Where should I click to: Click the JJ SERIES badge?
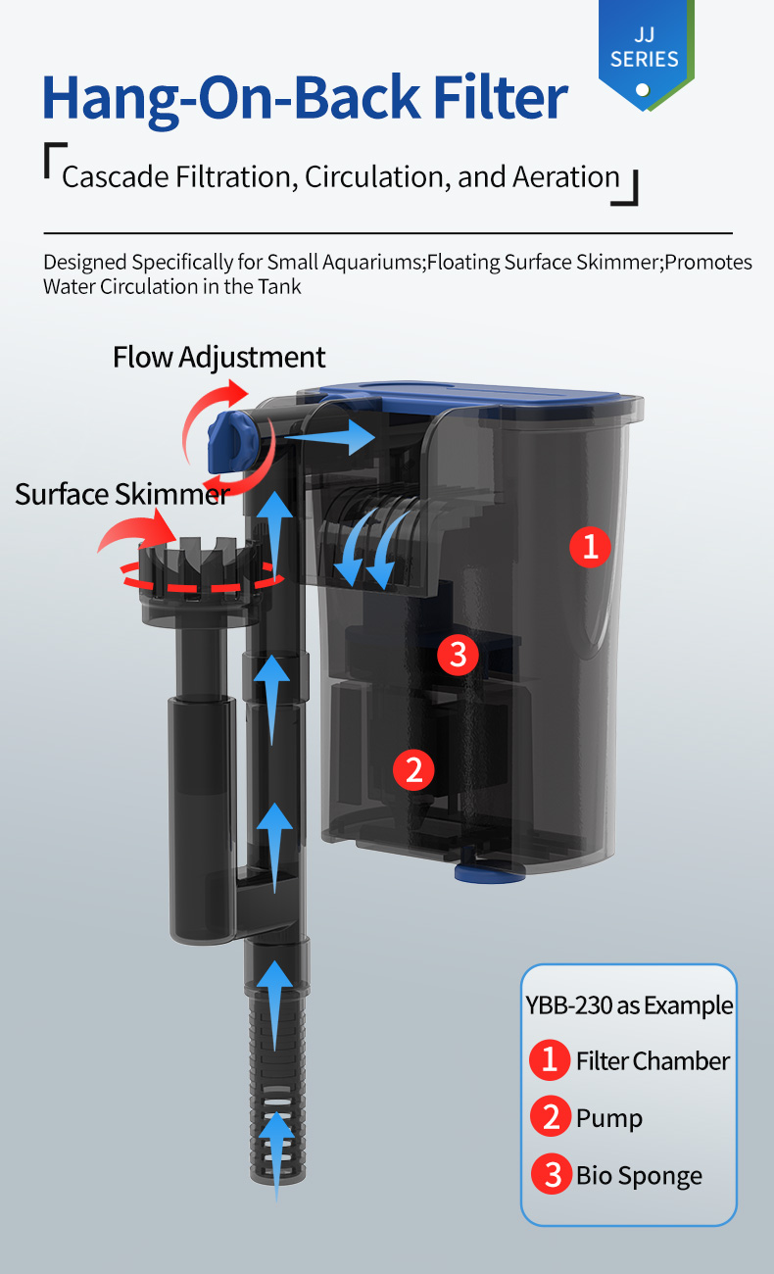(646, 54)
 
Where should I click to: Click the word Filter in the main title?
(500, 98)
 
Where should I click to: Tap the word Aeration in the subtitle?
(566, 176)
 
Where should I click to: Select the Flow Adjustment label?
(218, 358)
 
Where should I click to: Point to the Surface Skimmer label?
(122, 494)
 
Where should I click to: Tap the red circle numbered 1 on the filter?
(591, 547)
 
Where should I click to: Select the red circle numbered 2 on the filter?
(413, 770)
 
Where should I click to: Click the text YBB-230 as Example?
(629, 1005)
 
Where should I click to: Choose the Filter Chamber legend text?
(653, 1061)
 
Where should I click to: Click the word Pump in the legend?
(609, 1119)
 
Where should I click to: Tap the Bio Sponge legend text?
(639, 1176)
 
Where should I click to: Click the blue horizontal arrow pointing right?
(330, 437)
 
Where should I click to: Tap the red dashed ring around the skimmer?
(202, 576)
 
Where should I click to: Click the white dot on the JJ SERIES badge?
(643, 89)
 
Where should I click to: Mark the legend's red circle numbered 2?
(551, 1116)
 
